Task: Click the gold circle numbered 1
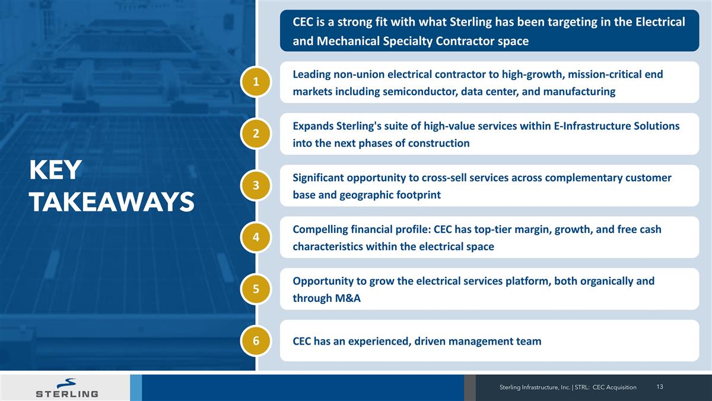[x=256, y=82]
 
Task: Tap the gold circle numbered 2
[x=256, y=134]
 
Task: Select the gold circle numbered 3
[x=256, y=185]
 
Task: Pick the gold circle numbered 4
[x=256, y=237]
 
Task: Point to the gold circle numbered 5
[x=256, y=289]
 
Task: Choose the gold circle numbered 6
[x=256, y=340]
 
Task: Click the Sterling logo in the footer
[x=67, y=387]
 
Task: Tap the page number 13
[x=660, y=387]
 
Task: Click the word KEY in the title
[x=55, y=171]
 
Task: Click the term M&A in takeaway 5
[x=345, y=298]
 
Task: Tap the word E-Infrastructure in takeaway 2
[x=586, y=126]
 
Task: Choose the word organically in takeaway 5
[x=606, y=281]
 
